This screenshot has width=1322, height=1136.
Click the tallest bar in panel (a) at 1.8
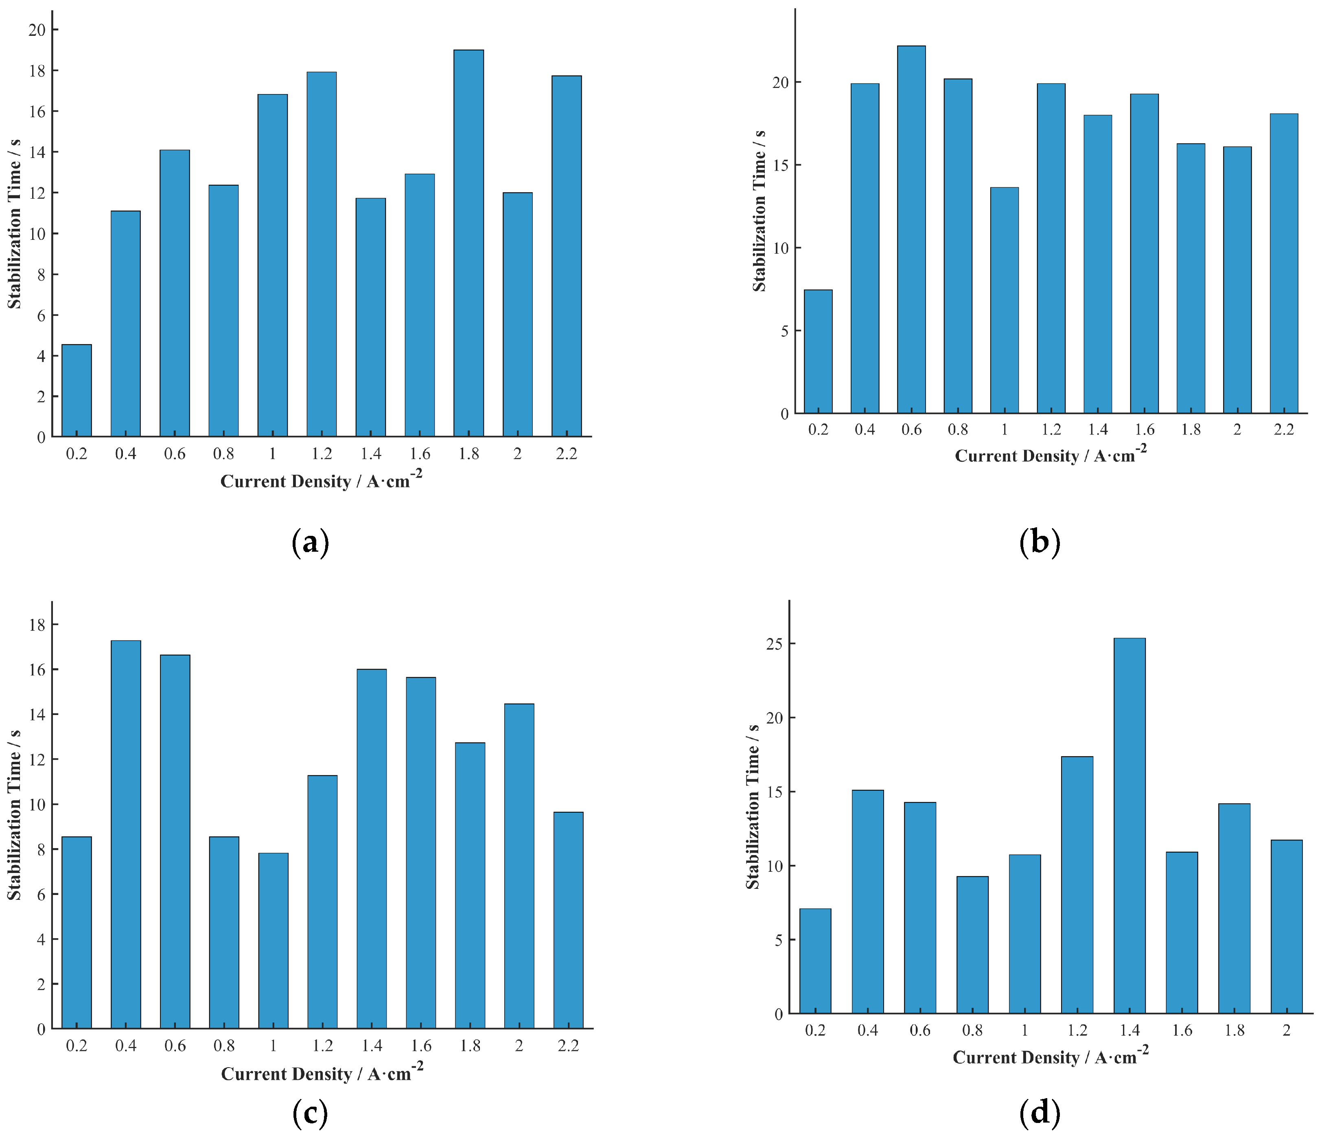click(x=468, y=243)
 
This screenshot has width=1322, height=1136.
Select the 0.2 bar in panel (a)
click(x=77, y=390)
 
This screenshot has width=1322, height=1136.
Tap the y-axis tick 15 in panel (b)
click(x=780, y=165)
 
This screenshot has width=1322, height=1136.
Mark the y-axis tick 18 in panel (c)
click(x=37, y=625)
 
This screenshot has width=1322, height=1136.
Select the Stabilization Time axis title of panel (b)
click(x=759, y=211)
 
